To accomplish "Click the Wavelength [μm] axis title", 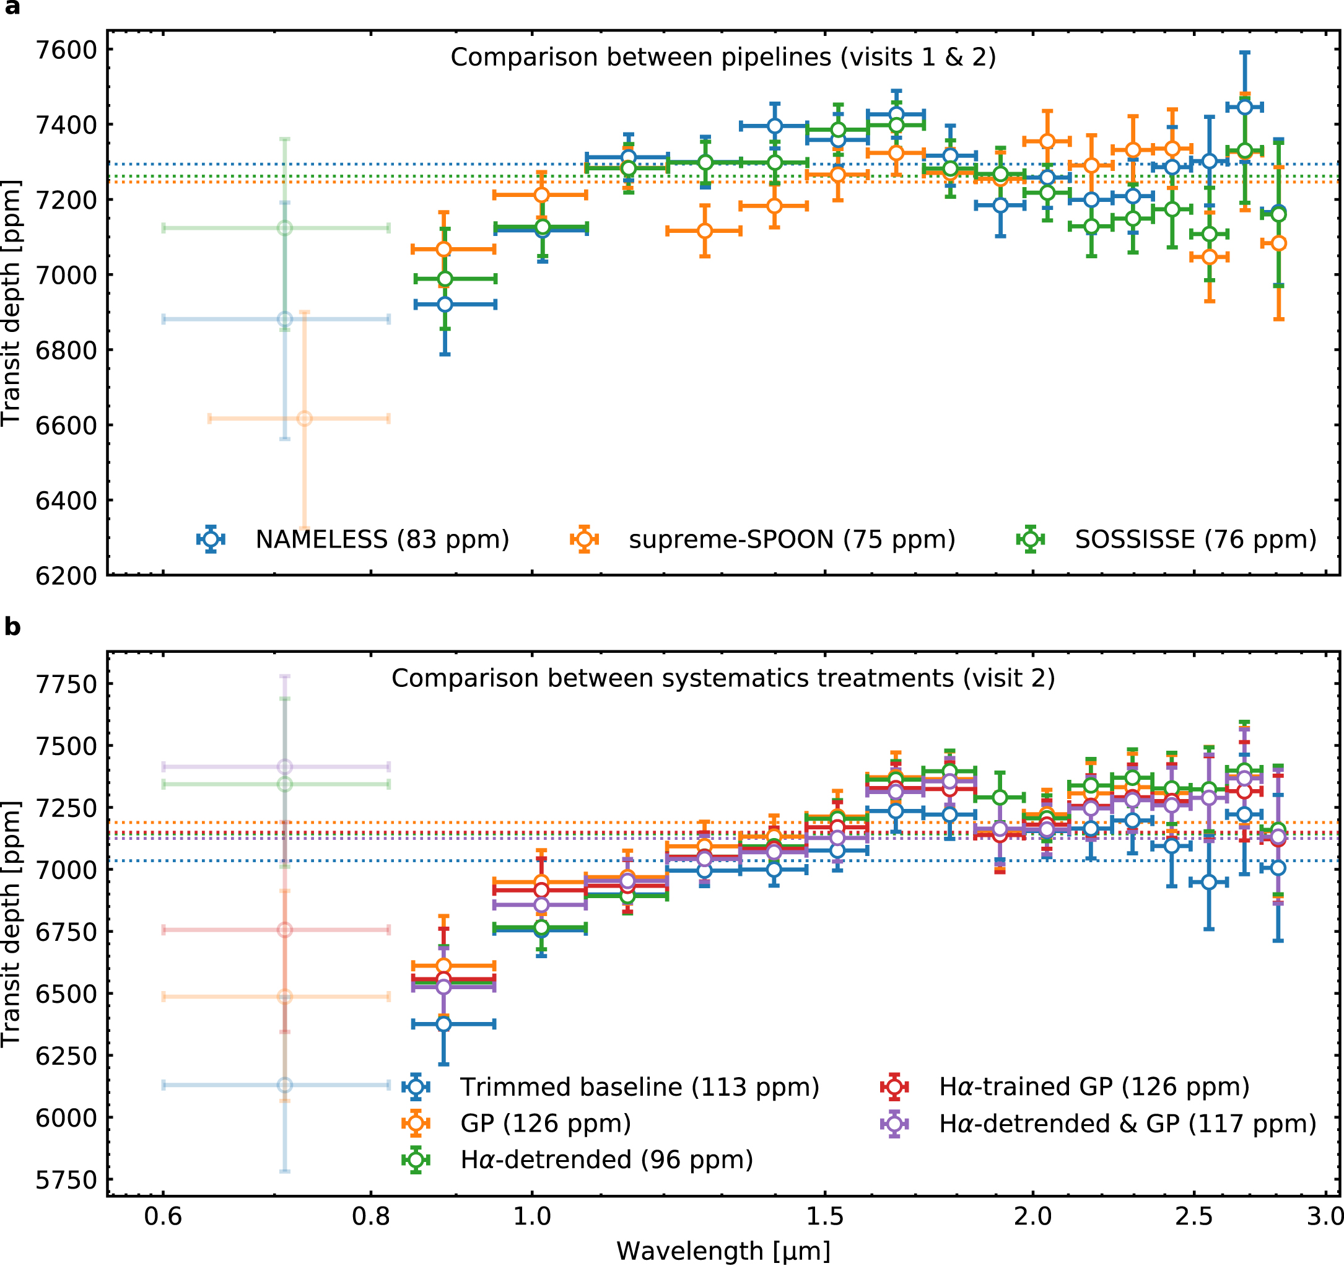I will (723, 1252).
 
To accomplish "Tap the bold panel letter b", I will (12, 627).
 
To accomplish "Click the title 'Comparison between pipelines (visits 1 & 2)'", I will (723, 58).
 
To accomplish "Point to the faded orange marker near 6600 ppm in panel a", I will (305, 419).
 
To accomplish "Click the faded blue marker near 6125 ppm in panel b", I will (285, 1085).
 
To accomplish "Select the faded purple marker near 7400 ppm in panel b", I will (285, 767).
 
